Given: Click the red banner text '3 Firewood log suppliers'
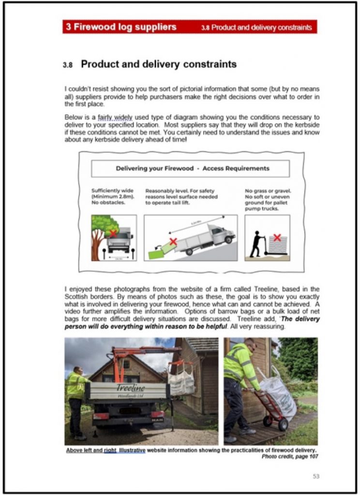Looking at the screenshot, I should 121,27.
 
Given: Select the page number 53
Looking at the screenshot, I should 315,476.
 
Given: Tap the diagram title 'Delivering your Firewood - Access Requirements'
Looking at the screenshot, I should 192,169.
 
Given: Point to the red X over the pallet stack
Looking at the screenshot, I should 277,237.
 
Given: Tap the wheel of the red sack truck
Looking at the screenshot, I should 282,424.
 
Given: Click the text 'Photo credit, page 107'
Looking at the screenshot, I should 290,456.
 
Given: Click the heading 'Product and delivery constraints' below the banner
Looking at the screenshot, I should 159,64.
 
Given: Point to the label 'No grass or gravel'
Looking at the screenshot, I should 266,191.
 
